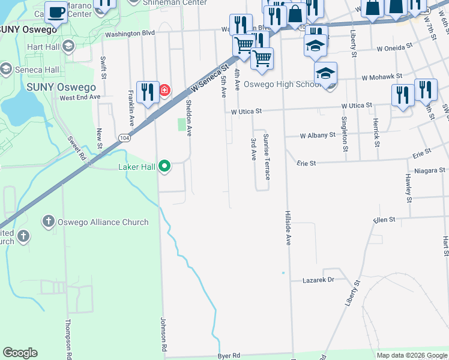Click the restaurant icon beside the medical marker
147,92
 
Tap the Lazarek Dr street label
317,280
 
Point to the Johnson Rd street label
163,334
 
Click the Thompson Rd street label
68,340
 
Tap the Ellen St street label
384,220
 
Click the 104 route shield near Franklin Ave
124,137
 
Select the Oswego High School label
285,84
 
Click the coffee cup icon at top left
56,12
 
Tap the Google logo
20,353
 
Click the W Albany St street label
318,135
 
